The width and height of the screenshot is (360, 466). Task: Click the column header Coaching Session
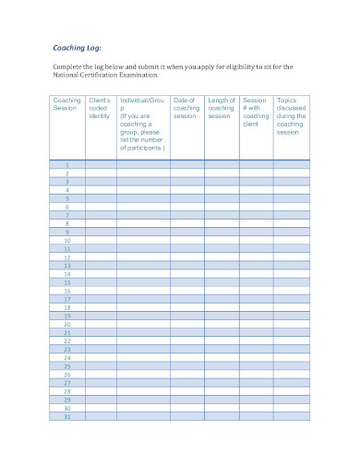[x=66, y=103]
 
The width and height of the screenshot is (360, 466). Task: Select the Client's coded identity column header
[x=100, y=108]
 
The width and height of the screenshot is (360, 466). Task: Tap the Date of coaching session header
[x=186, y=108]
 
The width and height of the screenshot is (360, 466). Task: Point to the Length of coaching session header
[x=222, y=108]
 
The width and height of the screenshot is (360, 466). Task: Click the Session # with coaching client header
[x=256, y=112]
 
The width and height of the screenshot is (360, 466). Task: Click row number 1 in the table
[x=66, y=164]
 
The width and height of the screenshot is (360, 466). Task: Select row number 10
[x=66, y=241]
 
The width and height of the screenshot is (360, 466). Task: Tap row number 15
[x=66, y=282]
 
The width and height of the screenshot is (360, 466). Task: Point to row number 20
[x=66, y=325]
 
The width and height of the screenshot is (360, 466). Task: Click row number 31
[x=66, y=417]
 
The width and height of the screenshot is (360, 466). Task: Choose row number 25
[x=66, y=366]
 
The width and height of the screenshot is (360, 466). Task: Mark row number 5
[x=66, y=198]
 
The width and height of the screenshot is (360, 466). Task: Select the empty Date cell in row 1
[x=186, y=164]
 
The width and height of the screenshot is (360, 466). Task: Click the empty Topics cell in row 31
[x=291, y=417]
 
